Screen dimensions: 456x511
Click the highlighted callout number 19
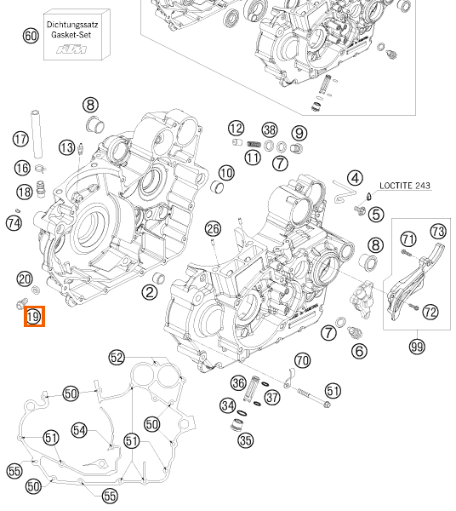click(x=34, y=317)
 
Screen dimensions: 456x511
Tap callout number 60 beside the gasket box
click(x=31, y=36)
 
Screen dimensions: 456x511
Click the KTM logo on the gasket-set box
click(x=72, y=49)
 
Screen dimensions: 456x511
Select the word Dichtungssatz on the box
click(x=72, y=25)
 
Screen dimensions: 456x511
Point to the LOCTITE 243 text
click(x=405, y=186)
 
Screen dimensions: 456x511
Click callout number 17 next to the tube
click(x=20, y=139)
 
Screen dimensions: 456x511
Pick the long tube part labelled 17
click(x=37, y=134)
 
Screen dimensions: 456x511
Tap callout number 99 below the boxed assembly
click(x=417, y=347)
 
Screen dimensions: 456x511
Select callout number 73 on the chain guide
click(x=438, y=232)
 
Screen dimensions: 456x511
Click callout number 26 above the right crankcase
click(x=214, y=229)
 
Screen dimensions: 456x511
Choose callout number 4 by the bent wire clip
click(x=355, y=178)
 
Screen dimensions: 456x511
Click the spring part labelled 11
click(x=254, y=144)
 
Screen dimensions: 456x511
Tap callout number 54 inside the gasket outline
click(x=79, y=430)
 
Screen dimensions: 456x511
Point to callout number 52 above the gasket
click(x=117, y=358)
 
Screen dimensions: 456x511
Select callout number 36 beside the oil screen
click(x=238, y=382)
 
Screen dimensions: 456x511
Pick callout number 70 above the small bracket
click(x=302, y=360)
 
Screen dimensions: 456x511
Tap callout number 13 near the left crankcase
click(x=66, y=147)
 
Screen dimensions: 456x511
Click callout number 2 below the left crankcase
click(x=150, y=292)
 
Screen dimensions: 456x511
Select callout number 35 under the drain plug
click(x=245, y=440)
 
